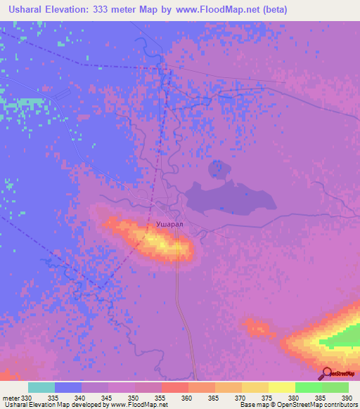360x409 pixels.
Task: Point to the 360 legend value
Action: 187,398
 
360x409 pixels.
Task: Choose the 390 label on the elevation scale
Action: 347,398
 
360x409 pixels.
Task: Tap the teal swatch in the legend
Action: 41,387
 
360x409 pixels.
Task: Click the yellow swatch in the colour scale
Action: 281,387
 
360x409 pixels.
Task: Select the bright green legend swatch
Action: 308,387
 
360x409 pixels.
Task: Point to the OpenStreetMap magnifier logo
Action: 326,373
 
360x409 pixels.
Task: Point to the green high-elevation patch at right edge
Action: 345,339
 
